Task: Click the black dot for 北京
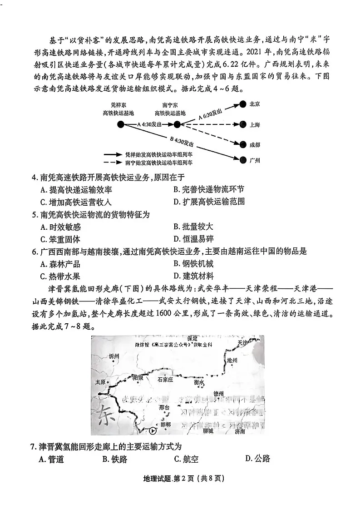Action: point(243,104)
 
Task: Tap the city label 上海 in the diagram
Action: point(255,124)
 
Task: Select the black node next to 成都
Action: point(243,144)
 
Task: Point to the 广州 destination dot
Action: point(243,159)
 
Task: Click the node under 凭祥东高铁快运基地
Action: point(120,124)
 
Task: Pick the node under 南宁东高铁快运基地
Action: point(177,124)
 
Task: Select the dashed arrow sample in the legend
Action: point(116,162)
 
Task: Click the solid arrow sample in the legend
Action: point(116,155)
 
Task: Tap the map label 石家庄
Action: point(165,379)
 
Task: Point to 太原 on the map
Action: point(100,382)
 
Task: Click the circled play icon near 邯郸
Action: point(153,431)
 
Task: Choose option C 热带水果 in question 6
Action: point(60,276)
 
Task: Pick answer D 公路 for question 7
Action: point(257,458)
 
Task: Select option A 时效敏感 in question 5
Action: point(60,227)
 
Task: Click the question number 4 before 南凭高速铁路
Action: point(34,177)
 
